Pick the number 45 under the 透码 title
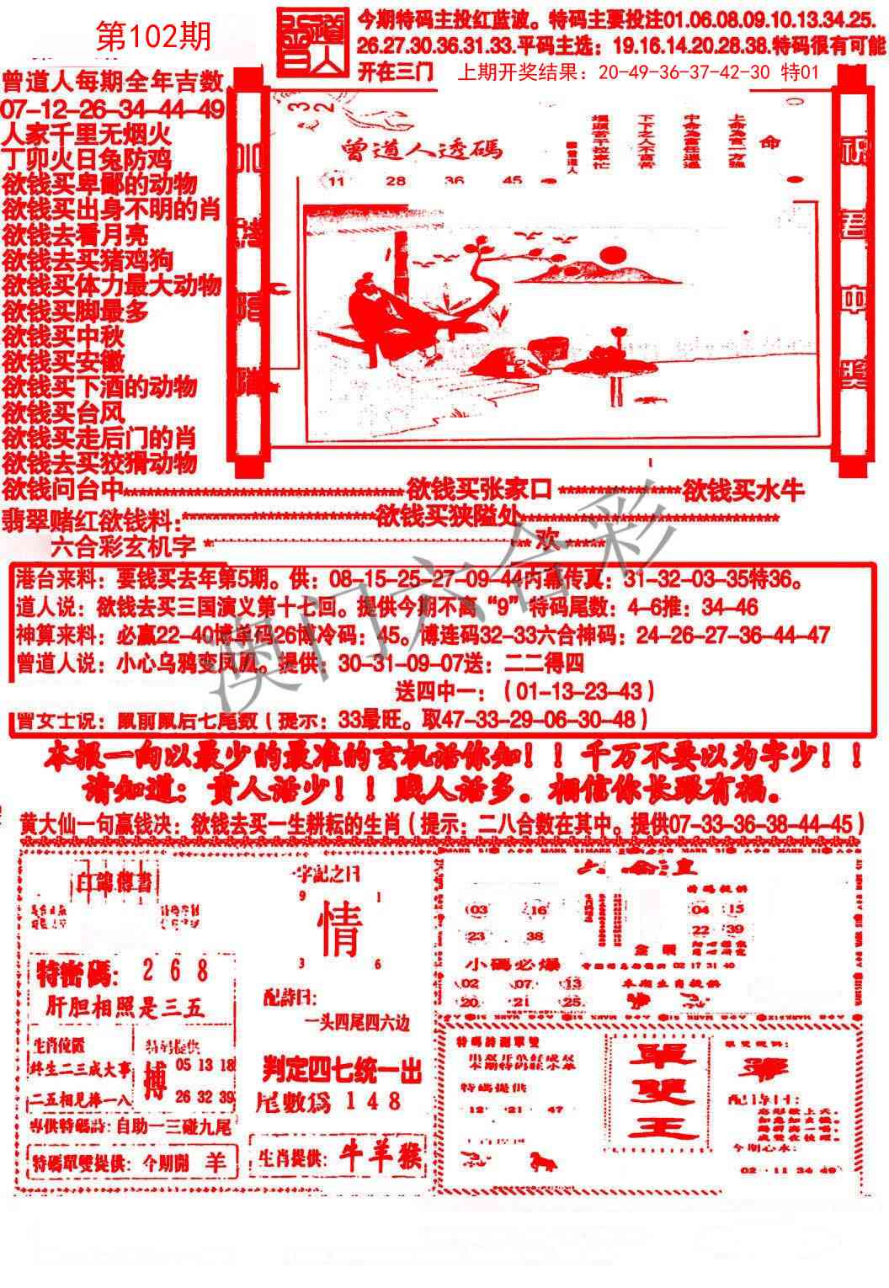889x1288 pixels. click(x=512, y=180)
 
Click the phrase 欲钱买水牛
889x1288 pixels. click(x=743, y=489)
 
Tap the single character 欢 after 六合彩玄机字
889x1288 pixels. click(x=548, y=541)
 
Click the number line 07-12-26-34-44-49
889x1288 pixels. click(x=113, y=109)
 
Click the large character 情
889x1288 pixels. click(x=340, y=933)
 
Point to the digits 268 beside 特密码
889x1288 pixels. click(x=176, y=971)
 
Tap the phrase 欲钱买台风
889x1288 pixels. click(x=64, y=412)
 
